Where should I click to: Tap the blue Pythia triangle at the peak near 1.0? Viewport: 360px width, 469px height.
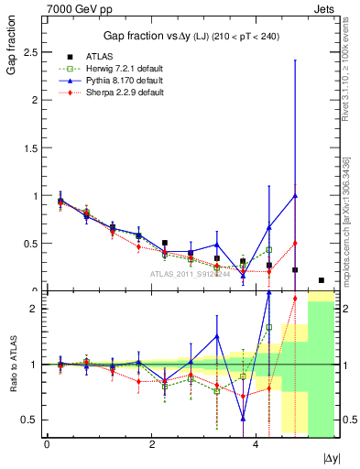[x=295, y=195]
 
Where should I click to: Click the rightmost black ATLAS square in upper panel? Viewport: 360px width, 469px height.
[x=321, y=280]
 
